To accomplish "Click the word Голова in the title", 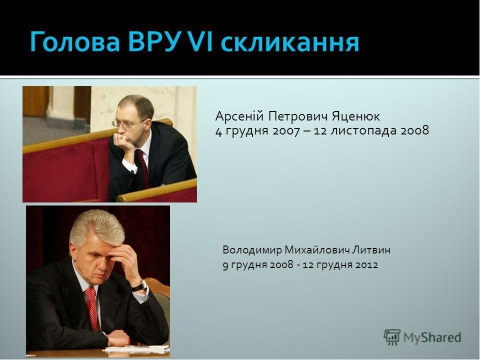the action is (x=74, y=42).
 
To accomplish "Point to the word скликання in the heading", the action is (x=290, y=43).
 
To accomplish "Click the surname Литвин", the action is (x=371, y=250).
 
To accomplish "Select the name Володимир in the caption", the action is (x=252, y=250).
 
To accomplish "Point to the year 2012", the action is (x=366, y=264).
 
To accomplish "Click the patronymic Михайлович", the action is (x=317, y=250).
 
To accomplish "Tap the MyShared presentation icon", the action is (x=392, y=337).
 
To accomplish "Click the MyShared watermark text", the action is (x=432, y=337).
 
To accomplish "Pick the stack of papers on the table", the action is (x=136, y=349).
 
